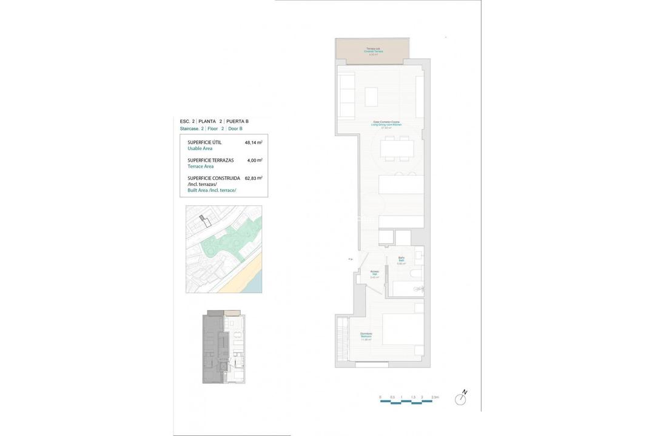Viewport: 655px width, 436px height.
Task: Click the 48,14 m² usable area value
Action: pyautogui.click(x=253, y=143)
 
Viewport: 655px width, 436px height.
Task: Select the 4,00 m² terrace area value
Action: pyautogui.click(x=255, y=160)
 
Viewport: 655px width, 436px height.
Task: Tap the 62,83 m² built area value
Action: pyautogui.click(x=253, y=179)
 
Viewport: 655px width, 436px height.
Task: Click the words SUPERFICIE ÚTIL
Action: pyautogui.click(x=204, y=142)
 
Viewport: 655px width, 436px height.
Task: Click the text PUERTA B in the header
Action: pyautogui.click(x=237, y=121)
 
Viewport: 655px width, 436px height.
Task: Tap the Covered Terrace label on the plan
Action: pyautogui.click(x=372, y=51)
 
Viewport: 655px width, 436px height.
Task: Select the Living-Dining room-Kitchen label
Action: pyautogui.click(x=386, y=124)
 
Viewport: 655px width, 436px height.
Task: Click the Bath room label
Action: pyautogui.click(x=401, y=260)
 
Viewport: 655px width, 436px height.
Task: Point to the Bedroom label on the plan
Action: pyautogui.click(x=366, y=335)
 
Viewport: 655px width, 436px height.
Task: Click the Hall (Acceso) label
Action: pyautogui.click(x=374, y=273)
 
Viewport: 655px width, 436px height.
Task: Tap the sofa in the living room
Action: pyautogui.click(x=346, y=96)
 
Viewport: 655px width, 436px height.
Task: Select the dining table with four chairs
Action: pyautogui.click(x=397, y=148)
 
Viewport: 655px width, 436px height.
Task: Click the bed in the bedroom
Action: pyautogui.click(x=402, y=329)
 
